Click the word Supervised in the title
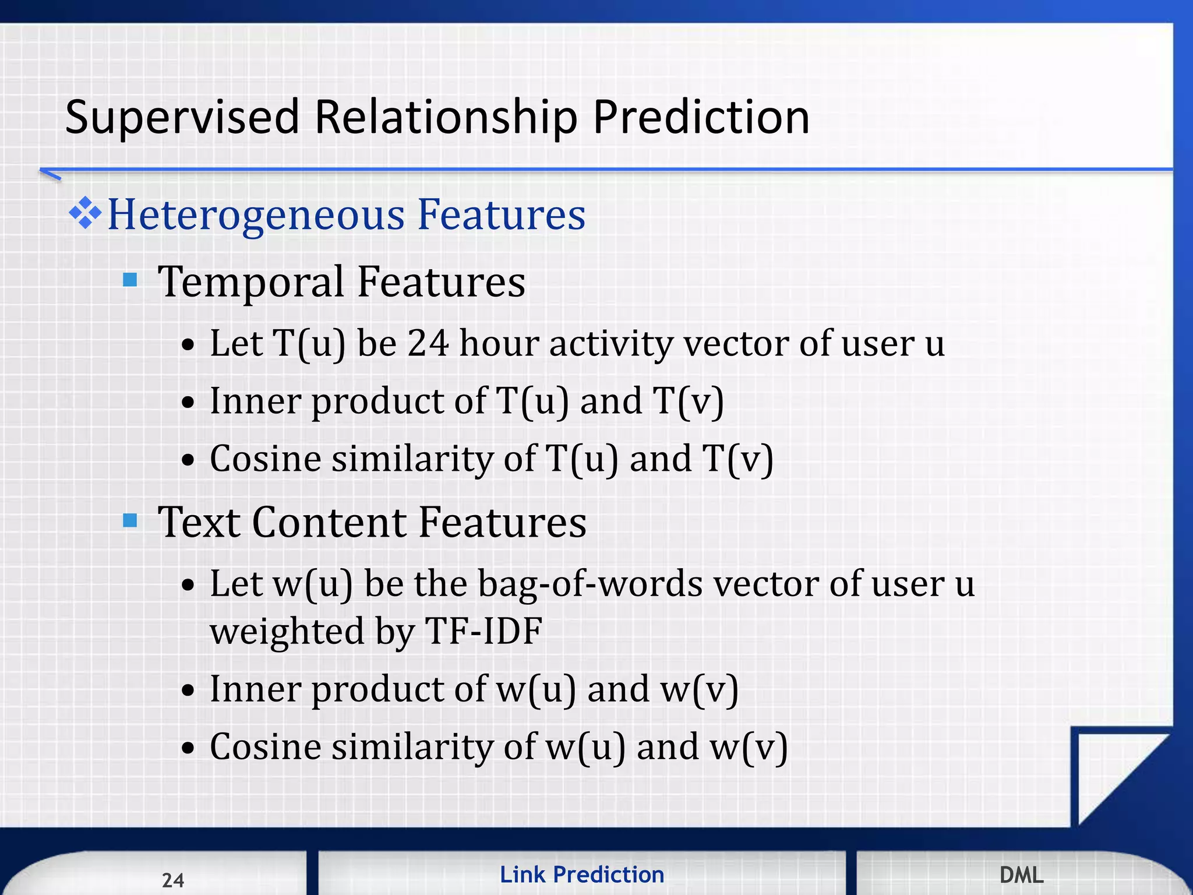[x=181, y=118]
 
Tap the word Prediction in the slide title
[x=701, y=118]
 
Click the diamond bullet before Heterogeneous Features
[x=85, y=213]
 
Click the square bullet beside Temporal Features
[x=130, y=280]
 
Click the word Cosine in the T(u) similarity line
[x=265, y=459]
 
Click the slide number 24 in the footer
[x=173, y=880]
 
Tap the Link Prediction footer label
[x=582, y=875]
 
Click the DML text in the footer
[x=1021, y=875]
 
